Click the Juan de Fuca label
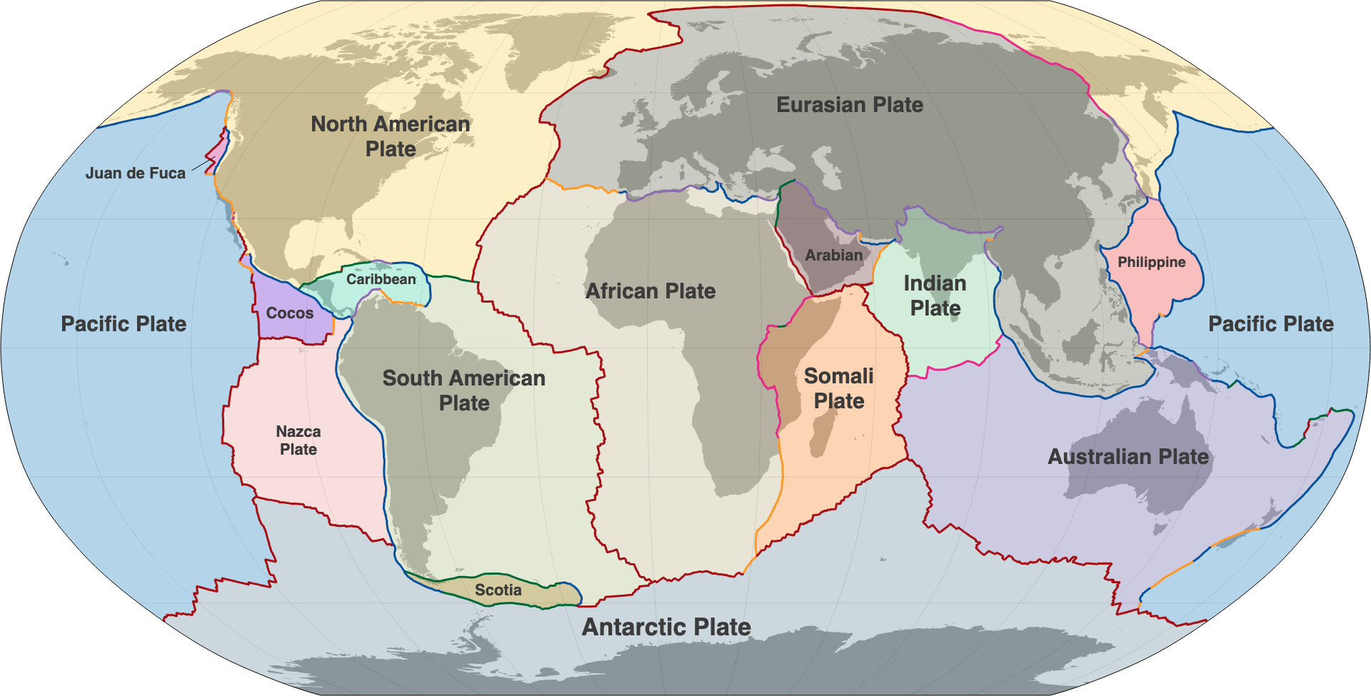[x=135, y=173]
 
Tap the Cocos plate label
[x=289, y=313]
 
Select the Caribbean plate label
[x=381, y=279]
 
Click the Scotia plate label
[x=498, y=590]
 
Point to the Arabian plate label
[x=833, y=255]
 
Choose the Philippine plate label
[x=1151, y=262]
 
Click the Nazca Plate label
[x=298, y=440]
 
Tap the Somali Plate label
[x=839, y=388]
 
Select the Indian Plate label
[x=935, y=296]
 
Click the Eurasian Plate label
[x=850, y=105]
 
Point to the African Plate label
[x=651, y=291]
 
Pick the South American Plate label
[x=464, y=390]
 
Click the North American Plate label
[x=391, y=136]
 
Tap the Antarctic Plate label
[x=666, y=627]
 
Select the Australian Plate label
[x=1128, y=456]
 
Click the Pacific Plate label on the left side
[x=124, y=323]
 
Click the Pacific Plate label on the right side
[x=1271, y=323]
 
